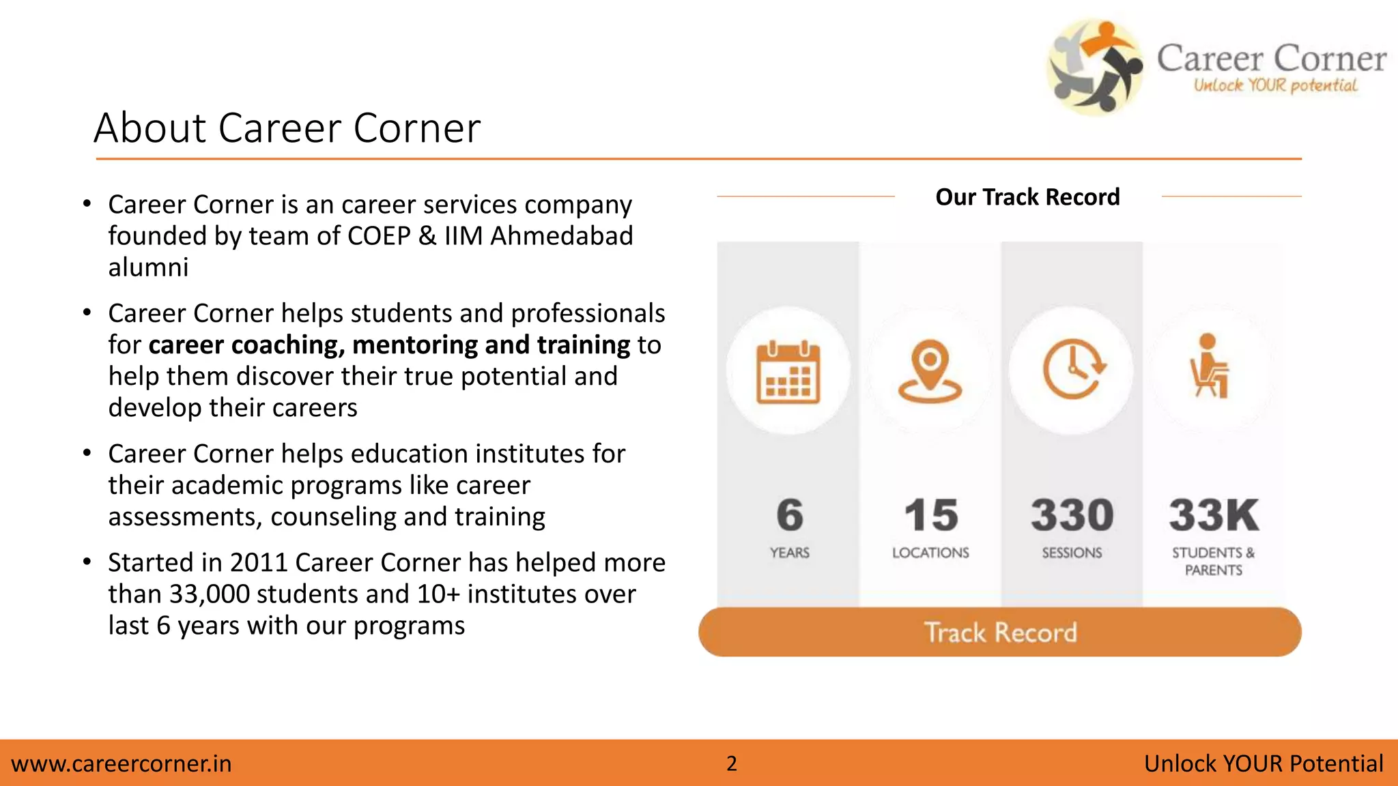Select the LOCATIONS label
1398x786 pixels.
tap(930, 553)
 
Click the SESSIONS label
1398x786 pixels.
tap(1072, 553)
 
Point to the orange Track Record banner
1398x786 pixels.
tap(1000, 632)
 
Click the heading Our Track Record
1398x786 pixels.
tap(1027, 197)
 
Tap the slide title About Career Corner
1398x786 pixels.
tap(287, 128)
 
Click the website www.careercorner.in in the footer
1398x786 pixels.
tap(122, 763)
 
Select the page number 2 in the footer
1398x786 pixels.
tap(732, 763)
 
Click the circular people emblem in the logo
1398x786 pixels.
tap(1095, 66)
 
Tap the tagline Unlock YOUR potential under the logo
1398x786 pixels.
tap(1275, 86)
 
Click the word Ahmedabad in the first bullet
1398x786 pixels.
tap(562, 236)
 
